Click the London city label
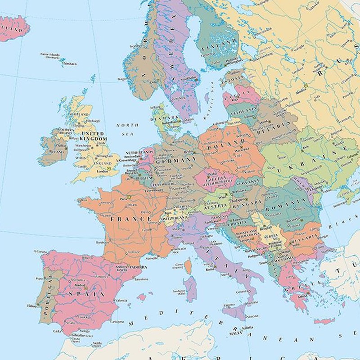point(102,171)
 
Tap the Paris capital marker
point(128,197)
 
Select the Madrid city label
point(80,285)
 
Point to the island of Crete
point(324,321)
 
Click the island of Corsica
point(188,266)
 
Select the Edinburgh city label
point(92,121)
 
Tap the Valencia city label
point(121,300)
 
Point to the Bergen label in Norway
point(122,79)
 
